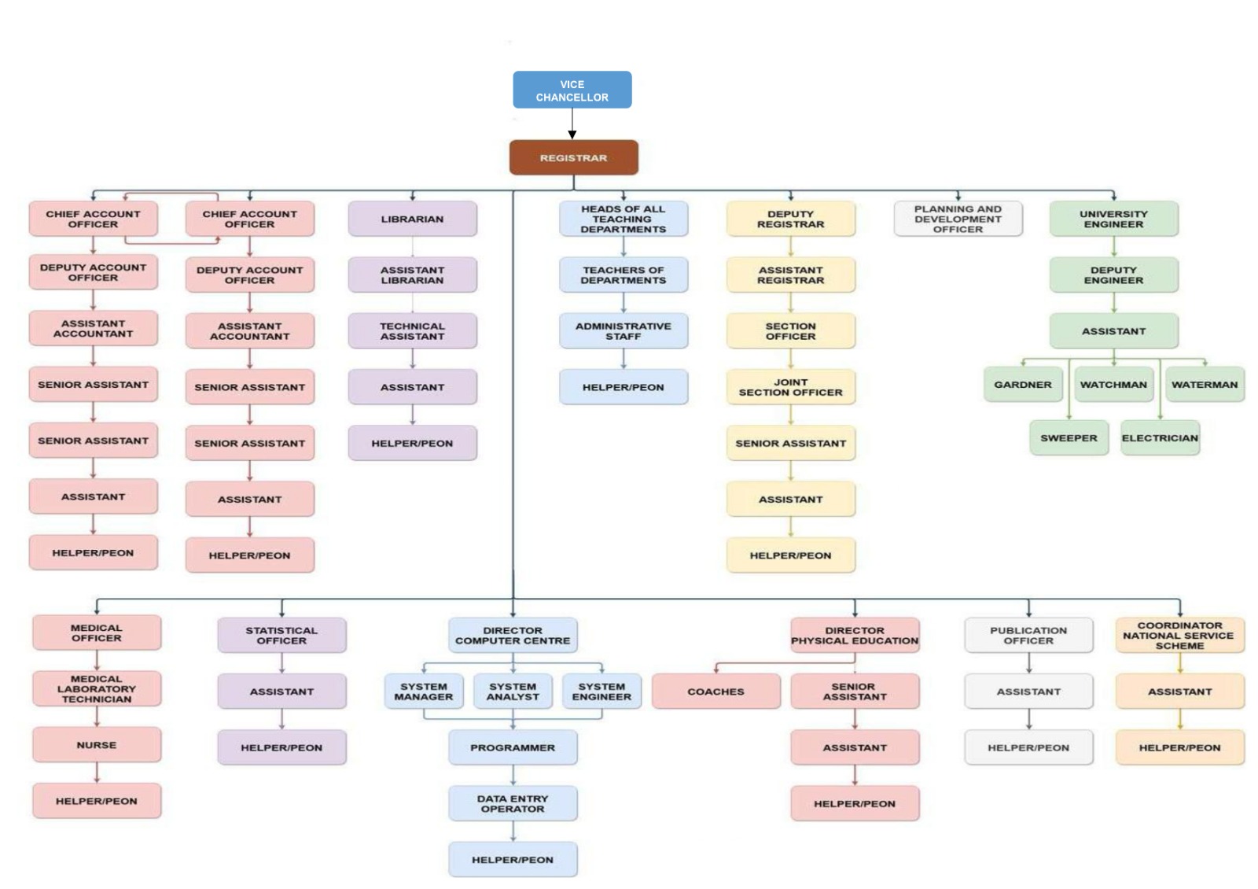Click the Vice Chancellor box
point(572,90)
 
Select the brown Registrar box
point(573,157)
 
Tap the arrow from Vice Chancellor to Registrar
point(572,124)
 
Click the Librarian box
point(412,219)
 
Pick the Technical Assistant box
point(412,330)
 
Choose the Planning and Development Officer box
point(958,219)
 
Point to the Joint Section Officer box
point(790,386)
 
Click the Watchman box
point(1113,385)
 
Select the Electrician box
point(1160,438)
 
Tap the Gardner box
point(1022,385)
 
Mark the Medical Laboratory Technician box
point(96,688)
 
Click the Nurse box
point(96,744)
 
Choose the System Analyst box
point(513,691)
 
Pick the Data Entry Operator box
point(513,803)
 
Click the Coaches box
point(715,691)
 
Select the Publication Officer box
point(1028,635)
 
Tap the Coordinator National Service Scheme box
point(1179,635)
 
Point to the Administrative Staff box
point(623,330)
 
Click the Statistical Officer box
point(281,635)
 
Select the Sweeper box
point(1069,438)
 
